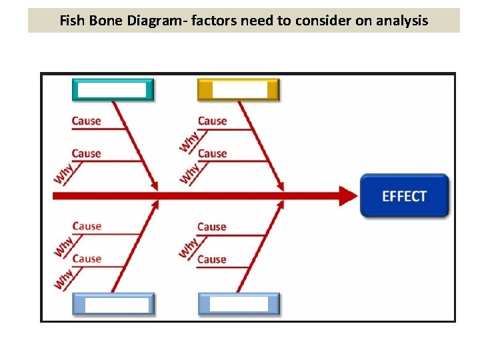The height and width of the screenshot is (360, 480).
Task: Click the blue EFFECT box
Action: click(x=404, y=196)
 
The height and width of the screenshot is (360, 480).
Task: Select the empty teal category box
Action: click(x=113, y=90)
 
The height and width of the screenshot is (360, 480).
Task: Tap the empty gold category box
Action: click(x=238, y=90)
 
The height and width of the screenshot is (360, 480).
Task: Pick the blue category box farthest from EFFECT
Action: click(x=113, y=304)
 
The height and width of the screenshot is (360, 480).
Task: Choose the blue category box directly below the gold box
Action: click(x=239, y=304)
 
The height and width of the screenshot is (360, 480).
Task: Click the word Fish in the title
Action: click(x=71, y=21)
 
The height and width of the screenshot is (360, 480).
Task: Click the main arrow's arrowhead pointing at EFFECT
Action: click(x=348, y=196)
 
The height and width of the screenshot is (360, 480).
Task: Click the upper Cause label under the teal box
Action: click(x=87, y=121)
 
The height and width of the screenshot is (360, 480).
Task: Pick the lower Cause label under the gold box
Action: click(x=213, y=153)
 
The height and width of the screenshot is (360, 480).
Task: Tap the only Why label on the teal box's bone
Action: click(x=64, y=173)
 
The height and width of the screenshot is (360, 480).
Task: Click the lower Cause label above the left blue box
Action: click(x=87, y=259)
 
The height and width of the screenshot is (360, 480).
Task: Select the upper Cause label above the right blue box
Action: click(x=212, y=227)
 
